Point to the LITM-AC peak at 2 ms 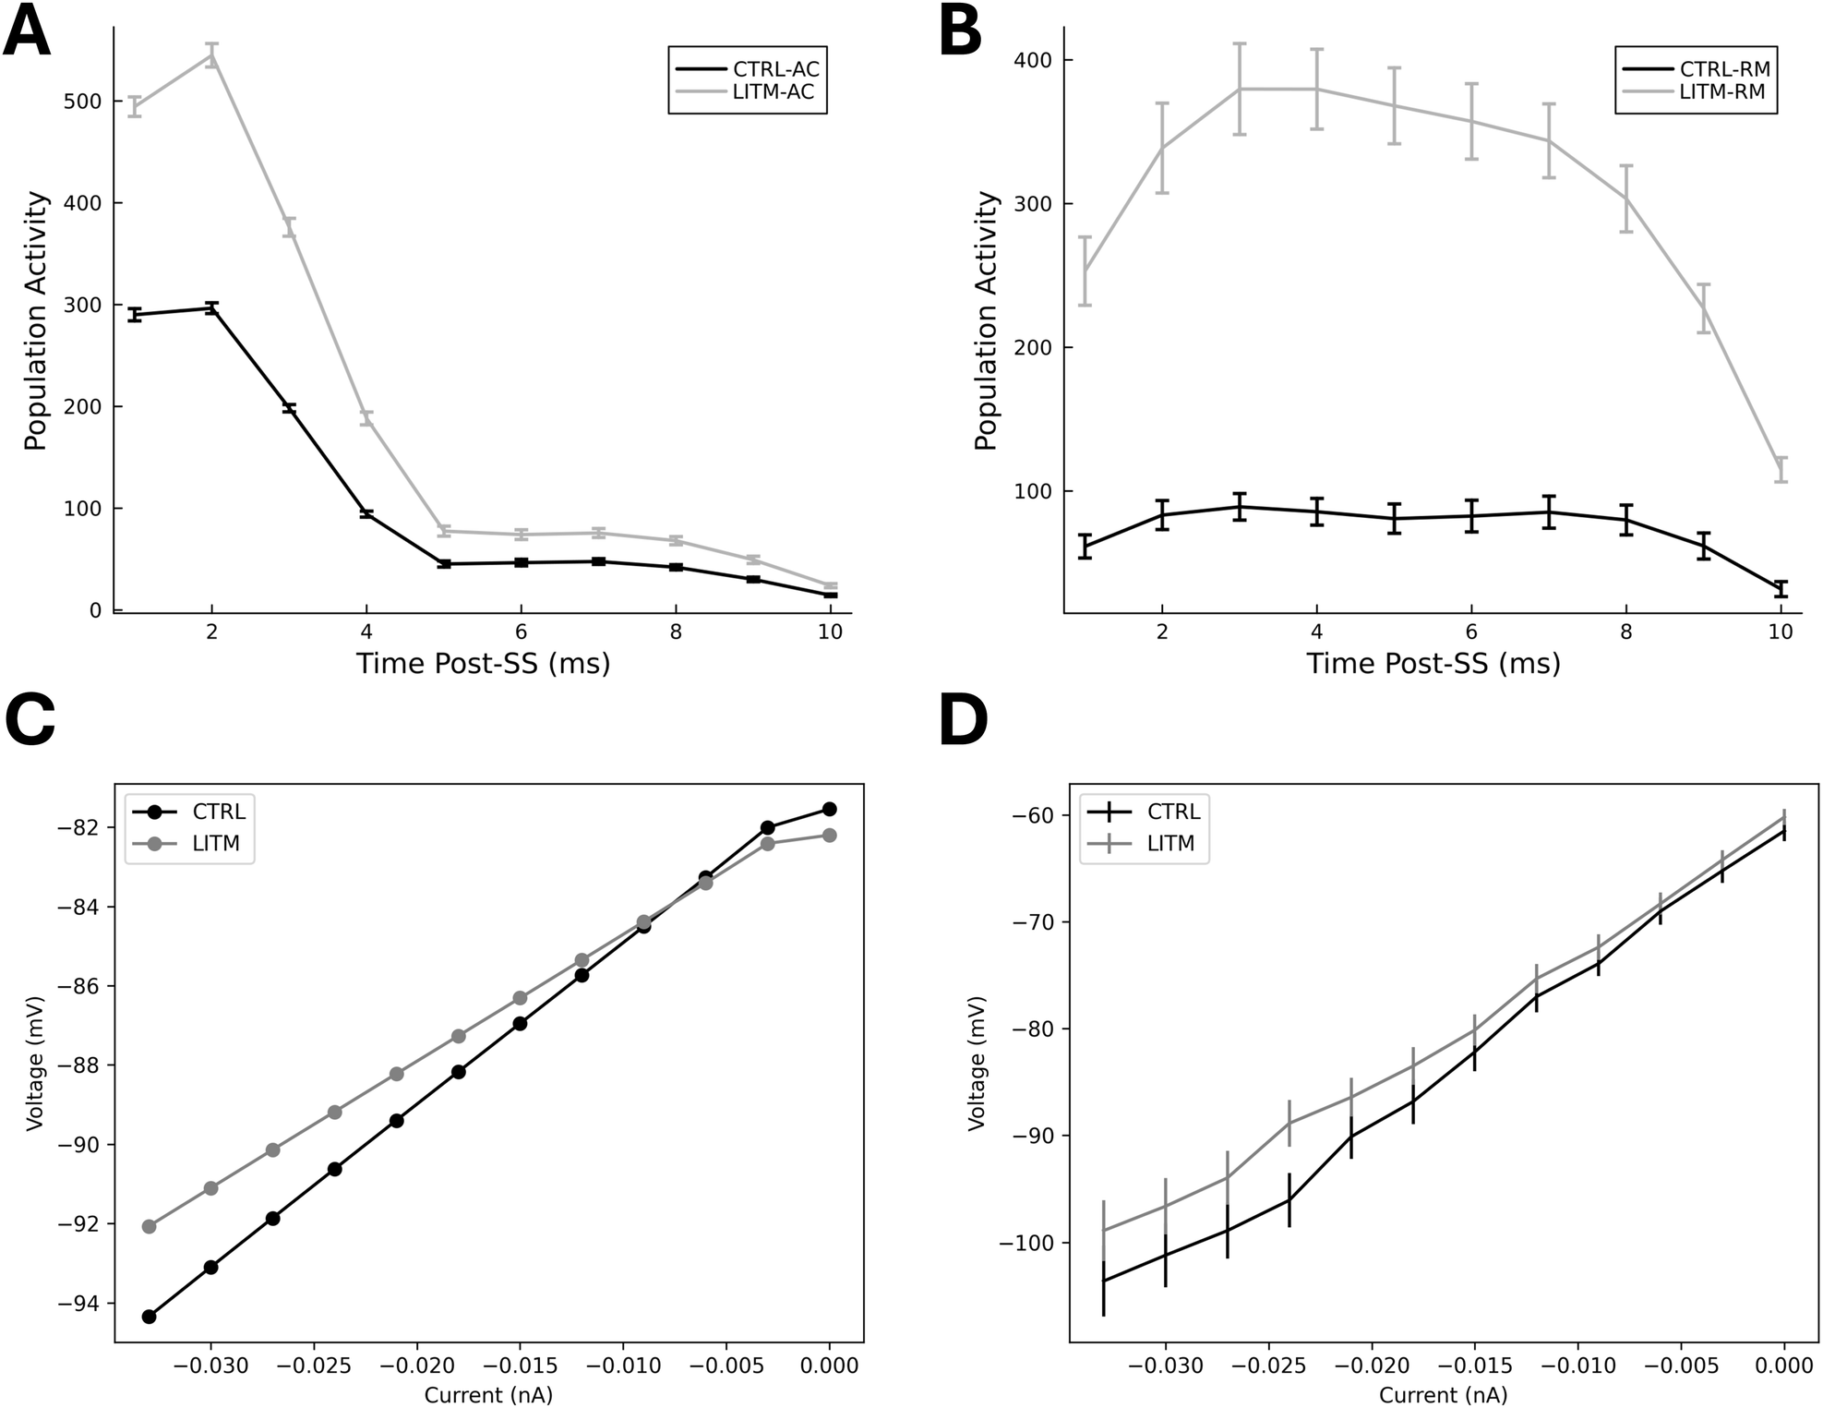coord(211,55)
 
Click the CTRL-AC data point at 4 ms coord(366,513)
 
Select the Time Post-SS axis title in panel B coord(1433,663)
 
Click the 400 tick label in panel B coord(1033,61)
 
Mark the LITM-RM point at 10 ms coord(1781,469)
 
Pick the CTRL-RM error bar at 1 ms coord(1085,546)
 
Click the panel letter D coord(963,723)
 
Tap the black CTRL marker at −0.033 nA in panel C coord(149,1316)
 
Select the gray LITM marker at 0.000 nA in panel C coord(829,835)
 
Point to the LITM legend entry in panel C coord(216,843)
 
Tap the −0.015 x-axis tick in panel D coord(1475,1366)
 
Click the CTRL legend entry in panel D coord(1172,812)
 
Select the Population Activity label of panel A coord(35,320)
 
